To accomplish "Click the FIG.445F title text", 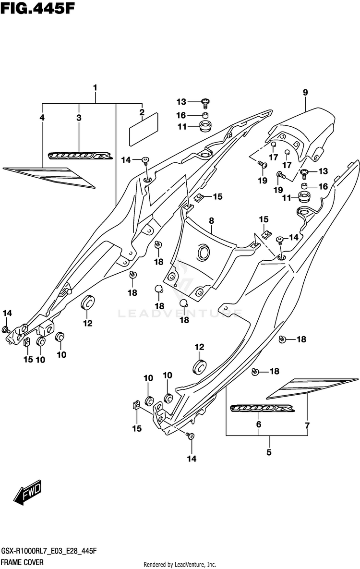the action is point(38,9).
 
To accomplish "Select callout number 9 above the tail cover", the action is point(305,93).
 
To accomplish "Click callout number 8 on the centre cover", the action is point(211,220).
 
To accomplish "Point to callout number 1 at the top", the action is point(95,88).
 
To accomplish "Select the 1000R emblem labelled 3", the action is point(80,156).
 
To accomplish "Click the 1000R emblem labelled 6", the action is point(263,409).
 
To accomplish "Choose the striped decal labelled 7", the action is point(312,387).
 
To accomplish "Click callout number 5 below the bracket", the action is point(269,452).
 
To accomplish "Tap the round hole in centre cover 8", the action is point(203,252).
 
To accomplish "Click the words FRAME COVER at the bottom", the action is point(22,562).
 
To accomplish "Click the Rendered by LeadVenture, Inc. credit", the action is point(180,564).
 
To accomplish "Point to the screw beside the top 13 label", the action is point(205,103).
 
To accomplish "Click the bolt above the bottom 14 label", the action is point(190,436).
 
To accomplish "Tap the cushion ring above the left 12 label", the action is point(87,303).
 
